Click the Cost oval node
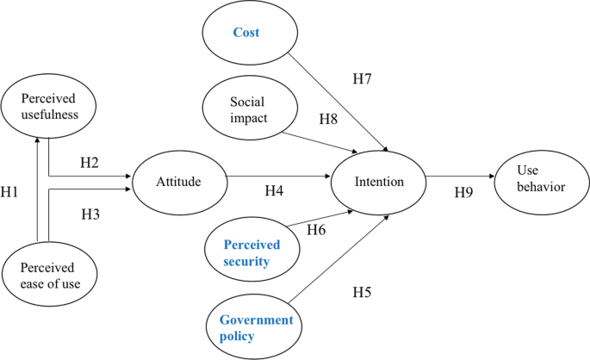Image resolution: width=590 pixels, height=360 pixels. point(246,34)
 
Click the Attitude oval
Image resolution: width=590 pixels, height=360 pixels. point(178,182)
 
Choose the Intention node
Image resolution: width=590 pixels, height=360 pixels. point(379,182)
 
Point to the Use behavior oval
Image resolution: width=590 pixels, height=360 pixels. point(540,177)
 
